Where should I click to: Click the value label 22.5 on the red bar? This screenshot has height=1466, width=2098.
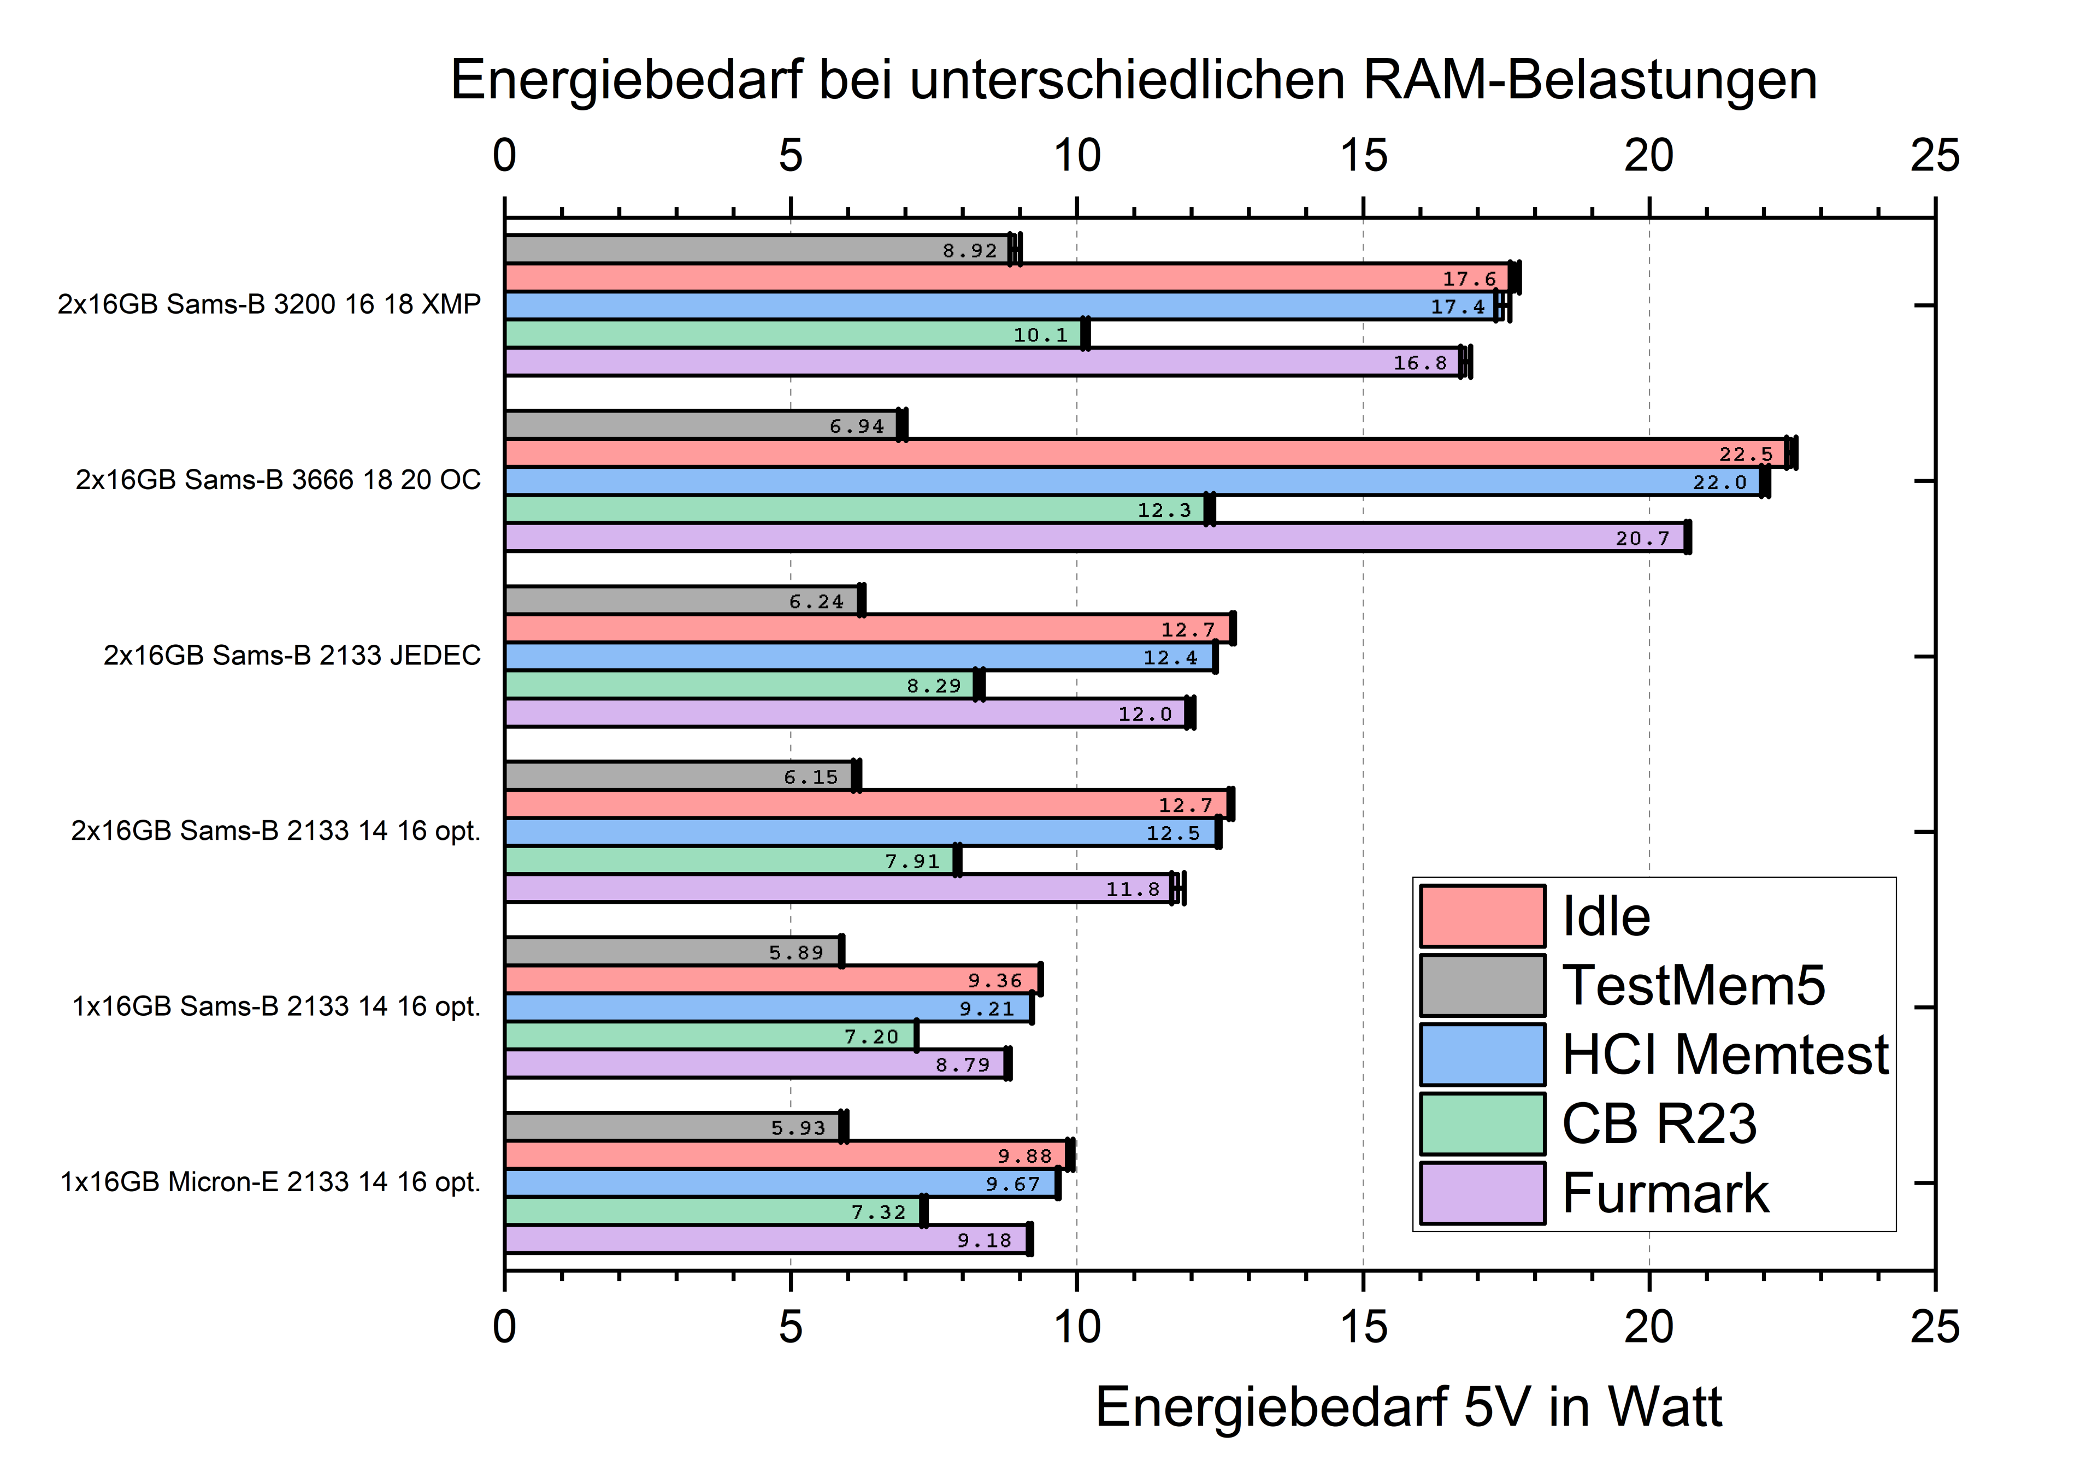(x=1745, y=454)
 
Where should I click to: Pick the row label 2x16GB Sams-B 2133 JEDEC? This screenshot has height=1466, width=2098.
(x=292, y=655)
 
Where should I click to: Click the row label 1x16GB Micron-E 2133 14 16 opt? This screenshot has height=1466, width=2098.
(x=270, y=1182)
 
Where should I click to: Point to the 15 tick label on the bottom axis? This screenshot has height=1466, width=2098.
(x=1363, y=1328)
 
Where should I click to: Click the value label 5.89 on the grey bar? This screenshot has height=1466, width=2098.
(x=796, y=952)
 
